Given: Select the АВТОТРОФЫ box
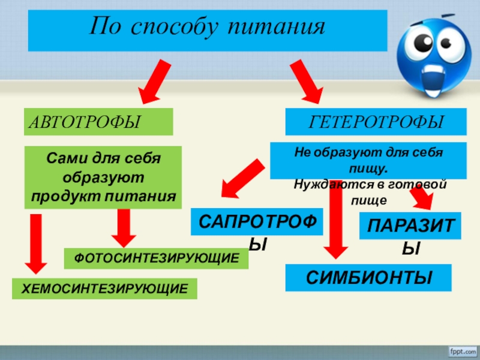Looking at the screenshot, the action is [98, 122].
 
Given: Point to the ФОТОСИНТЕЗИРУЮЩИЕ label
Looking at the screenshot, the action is [156, 258].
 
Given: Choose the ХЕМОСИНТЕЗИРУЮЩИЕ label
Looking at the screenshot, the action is [105, 289].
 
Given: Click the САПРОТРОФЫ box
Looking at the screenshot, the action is [257, 223].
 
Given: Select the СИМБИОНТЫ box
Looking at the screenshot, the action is [368, 278].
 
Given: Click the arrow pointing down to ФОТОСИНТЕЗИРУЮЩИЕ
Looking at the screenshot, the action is [124, 228].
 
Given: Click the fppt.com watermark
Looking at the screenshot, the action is [461, 350].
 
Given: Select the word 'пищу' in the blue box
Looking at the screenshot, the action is [369, 167].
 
